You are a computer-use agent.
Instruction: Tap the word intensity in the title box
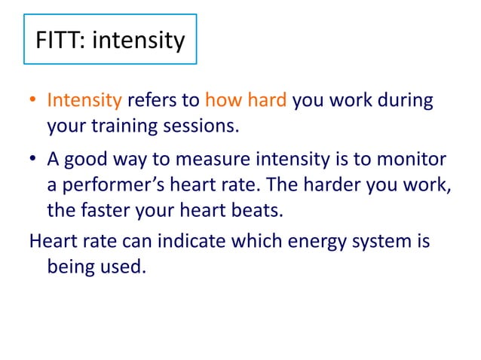(138, 40)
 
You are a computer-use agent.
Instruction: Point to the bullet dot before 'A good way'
(34, 160)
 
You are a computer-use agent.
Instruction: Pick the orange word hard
(268, 101)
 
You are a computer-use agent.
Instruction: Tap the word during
(408, 101)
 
